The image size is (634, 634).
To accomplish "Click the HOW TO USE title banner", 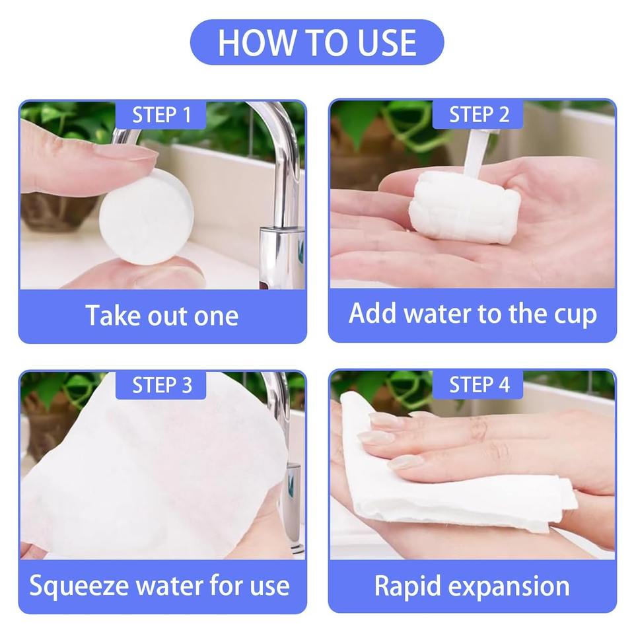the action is (x=317, y=42).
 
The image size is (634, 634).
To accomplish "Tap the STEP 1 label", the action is (x=161, y=115).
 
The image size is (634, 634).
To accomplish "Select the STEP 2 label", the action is (x=478, y=115).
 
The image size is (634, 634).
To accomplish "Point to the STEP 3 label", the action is (x=161, y=385).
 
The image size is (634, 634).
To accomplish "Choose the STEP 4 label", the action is (x=478, y=384).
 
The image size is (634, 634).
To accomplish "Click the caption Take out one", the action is (x=162, y=316).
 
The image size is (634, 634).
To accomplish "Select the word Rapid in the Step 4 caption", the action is (x=407, y=586).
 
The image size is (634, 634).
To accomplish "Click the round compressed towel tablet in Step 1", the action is (x=147, y=217).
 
